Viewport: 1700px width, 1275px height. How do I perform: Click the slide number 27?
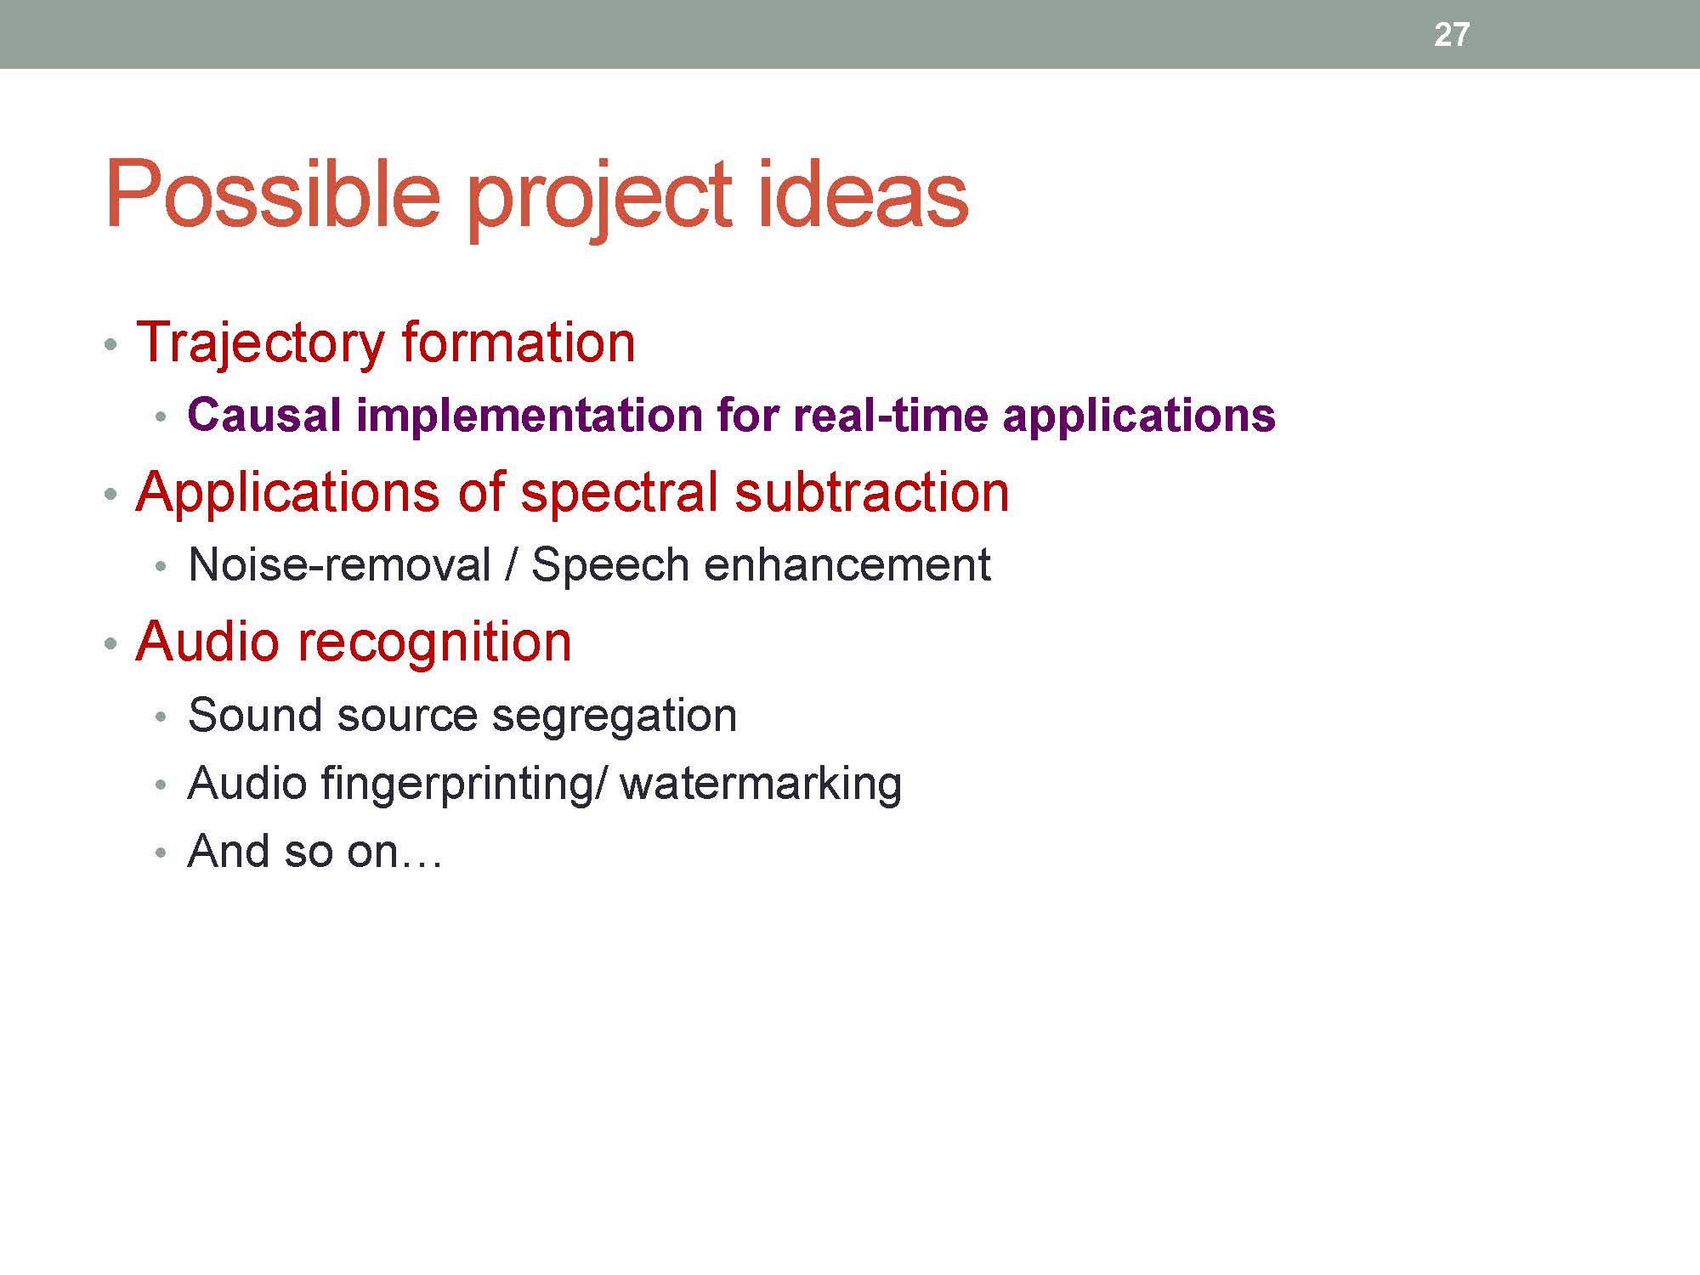1451,35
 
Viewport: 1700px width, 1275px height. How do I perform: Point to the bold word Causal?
264,416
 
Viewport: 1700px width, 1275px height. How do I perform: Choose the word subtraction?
872,492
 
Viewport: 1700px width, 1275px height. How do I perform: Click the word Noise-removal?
340,565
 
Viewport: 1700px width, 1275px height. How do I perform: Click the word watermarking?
761,785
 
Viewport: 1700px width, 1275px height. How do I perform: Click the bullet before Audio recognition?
110,644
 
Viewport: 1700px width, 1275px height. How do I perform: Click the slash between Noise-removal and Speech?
511,565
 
